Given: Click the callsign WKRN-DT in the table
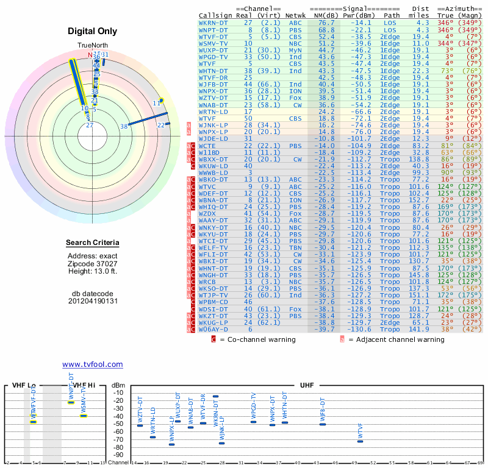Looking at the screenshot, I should [213, 23].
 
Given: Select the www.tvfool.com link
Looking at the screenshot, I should [92, 364].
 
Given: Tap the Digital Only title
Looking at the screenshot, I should [92, 31].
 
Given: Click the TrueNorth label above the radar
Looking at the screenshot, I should [92, 46].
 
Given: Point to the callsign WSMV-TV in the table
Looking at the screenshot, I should [213, 43].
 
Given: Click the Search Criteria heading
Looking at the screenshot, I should [92, 243].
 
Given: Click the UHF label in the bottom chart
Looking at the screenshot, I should [306, 386].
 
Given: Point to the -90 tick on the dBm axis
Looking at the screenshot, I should [118, 455].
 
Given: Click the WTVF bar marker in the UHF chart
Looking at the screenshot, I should [360, 441].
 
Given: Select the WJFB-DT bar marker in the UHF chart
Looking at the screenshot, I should [323, 424].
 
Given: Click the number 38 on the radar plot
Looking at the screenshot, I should [124, 127].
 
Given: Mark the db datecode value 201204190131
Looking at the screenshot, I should [92, 301].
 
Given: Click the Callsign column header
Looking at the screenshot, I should [215, 15].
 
